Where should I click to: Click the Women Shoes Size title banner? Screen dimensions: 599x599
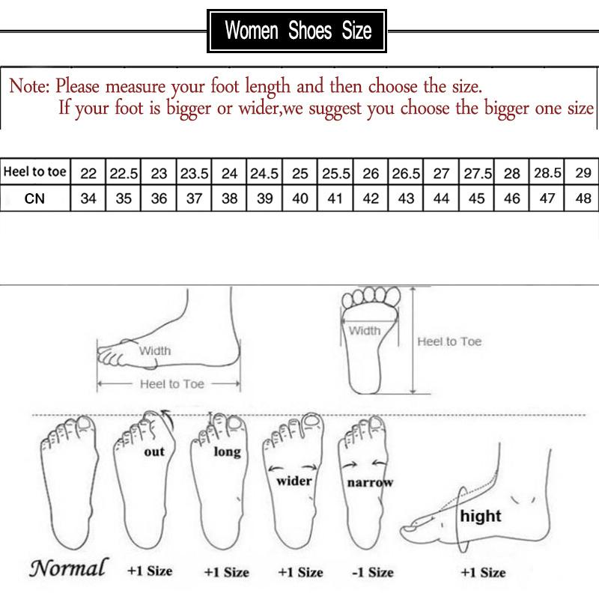pyautogui.click(x=298, y=31)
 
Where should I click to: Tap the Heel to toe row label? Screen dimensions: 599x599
pyautogui.click(x=35, y=172)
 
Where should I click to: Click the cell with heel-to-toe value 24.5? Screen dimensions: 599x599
pyautogui.click(x=264, y=173)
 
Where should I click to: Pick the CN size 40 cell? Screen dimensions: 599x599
pyautogui.click(x=300, y=200)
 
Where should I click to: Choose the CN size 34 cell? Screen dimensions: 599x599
pyautogui.click(x=88, y=200)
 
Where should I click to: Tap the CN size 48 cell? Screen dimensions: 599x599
pyautogui.click(x=583, y=200)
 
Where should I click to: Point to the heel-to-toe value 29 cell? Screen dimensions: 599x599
pyautogui.click(x=583, y=173)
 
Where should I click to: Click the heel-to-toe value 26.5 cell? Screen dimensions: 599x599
pyautogui.click(x=406, y=173)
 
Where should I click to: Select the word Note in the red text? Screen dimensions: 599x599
pyautogui.click(x=28, y=85)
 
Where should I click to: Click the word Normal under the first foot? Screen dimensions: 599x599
pyautogui.click(x=68, y=568)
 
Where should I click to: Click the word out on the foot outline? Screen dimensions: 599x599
pyautogui.click(x=155, y=452)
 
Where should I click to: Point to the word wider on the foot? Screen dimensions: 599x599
pyautogui.click(x=294, y=481)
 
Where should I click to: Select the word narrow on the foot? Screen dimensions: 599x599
pyautogui.click(x=369, y=483)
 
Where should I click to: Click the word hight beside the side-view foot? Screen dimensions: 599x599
pyautogui.click(x=481, y=516)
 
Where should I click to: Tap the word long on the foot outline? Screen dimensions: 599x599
pyautogui.click(x=227, y=451)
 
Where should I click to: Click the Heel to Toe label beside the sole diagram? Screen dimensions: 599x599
pyautogui.click(x=449, y=341)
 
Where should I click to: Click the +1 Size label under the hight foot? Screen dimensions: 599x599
pyautogui.click(x=483, y=572)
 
